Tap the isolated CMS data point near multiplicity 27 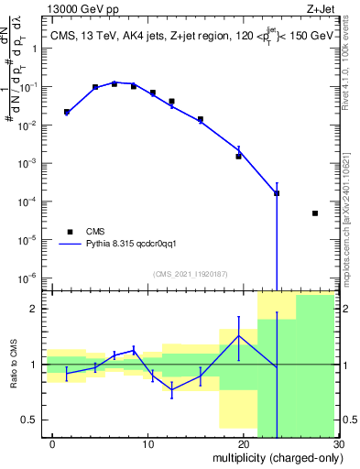point(315,213)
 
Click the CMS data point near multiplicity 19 point(238,156)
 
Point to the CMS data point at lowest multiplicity point(67,112)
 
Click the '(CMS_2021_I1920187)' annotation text point(190,273)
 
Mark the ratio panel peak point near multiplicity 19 point(238,335)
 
